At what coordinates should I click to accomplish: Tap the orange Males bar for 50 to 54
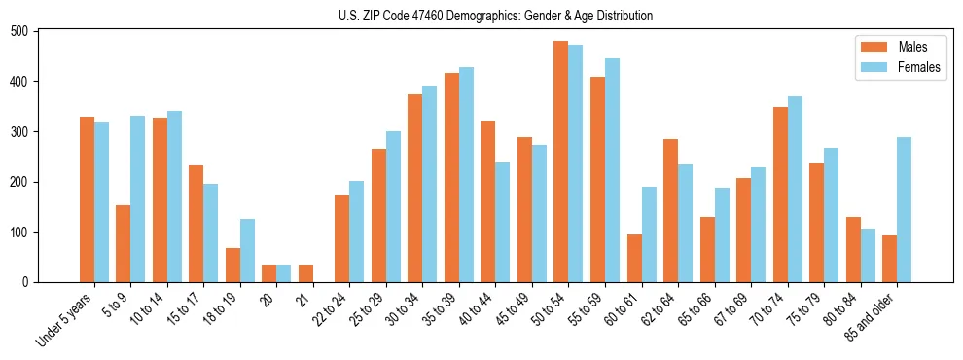(560, 162)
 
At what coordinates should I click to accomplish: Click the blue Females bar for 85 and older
(904, 209)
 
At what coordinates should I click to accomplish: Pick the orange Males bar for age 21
(305, 273)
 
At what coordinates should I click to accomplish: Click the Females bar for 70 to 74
(795, 189)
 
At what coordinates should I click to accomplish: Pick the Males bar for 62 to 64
(670, 210)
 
